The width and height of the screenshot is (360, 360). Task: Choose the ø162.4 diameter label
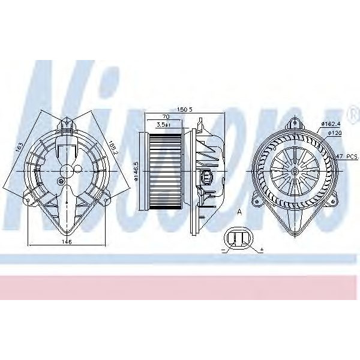coord(331,124)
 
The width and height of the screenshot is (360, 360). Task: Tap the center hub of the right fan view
coord(296,173)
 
